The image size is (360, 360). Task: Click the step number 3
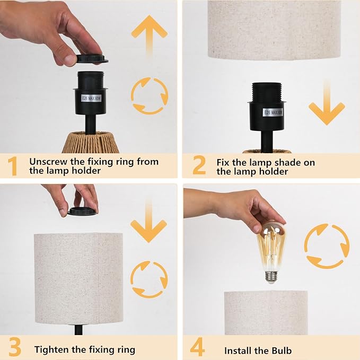coord(14,349)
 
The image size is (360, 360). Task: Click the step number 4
coord(197,349)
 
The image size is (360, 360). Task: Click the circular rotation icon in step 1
coord(149,96)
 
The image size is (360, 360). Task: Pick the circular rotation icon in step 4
coord(327,245)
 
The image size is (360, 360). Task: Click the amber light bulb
coord(271,245)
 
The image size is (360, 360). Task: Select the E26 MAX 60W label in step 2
coord(273,112)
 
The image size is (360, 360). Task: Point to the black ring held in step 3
coord(82,212)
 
